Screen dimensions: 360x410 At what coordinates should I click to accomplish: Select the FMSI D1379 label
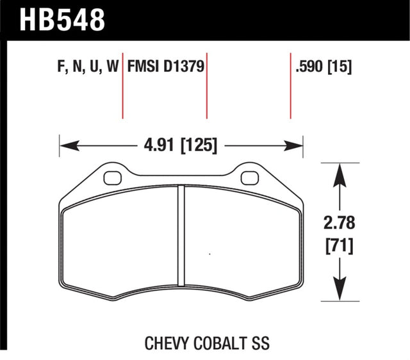coord(166,67)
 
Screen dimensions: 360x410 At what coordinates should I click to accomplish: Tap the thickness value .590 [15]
coord(323,67)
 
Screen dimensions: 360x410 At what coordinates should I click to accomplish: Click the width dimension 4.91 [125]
coord(179,146)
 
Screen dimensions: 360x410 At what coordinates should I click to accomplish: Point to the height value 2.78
coord(338,224)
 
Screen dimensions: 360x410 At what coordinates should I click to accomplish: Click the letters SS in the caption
coord(259,343)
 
